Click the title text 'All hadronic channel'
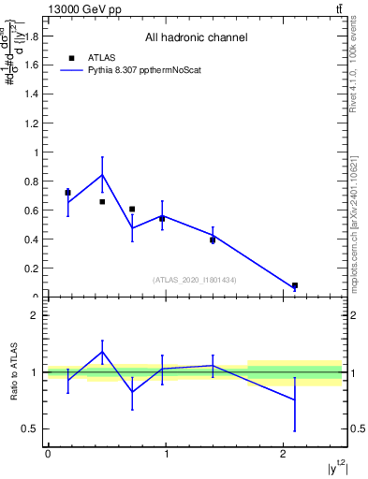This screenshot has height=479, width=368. [196, 38]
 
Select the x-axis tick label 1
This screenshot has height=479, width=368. [166, 454]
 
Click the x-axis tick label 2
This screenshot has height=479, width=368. [284, 454]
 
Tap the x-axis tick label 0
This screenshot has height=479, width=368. [48, 454]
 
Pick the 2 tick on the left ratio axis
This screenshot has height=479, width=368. [36, 315]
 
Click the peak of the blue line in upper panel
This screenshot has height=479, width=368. [102, 174]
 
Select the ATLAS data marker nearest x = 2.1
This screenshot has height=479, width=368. [295, 285]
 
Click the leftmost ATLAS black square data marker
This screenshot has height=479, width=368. [67, 193]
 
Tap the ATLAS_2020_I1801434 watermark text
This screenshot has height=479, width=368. [195, 280]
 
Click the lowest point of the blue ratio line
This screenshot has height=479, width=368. [295, 399]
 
